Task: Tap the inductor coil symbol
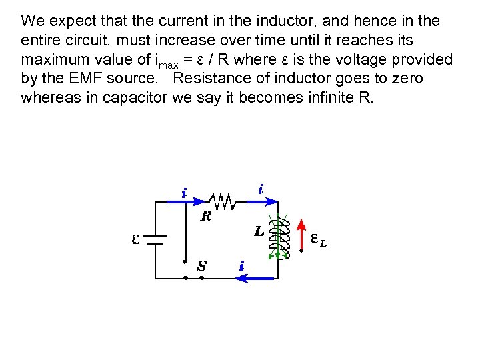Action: [x=280, y=237]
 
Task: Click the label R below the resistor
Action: [x=206, y=217]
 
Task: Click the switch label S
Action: [x=201, y=266]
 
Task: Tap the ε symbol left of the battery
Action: [x=135, y=239]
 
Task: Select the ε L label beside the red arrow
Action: [x=319, y=240]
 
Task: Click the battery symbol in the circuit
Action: [x=155, y=239]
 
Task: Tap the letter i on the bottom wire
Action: [x=241, y=266]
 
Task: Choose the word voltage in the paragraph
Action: [x=346, y=59]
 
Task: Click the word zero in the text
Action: [x=408, y=79]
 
